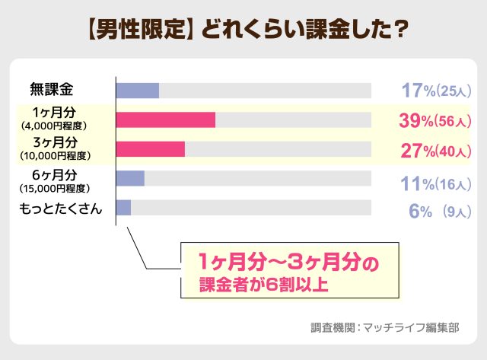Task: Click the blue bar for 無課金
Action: pos(138,91)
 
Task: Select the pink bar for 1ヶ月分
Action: pos(166,119)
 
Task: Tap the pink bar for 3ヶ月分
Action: pos(151,149)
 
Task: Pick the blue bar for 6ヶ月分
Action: pos(130,178)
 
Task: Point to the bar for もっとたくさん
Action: pos(124,207)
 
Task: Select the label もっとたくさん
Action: pos(60,208)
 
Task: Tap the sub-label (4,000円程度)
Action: pos(57,126)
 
